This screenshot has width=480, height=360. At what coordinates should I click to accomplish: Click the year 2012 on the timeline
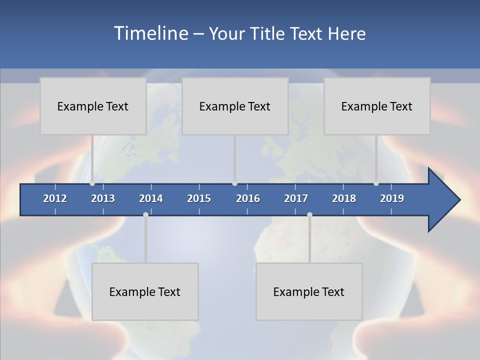(55, 198)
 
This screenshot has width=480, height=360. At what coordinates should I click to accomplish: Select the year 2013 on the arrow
(103, 198)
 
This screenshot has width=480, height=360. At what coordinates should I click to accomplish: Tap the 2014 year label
(151, 198)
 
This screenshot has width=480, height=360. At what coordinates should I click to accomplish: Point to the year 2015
(199, 198)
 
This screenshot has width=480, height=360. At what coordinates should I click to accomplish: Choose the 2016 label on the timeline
(248, 198)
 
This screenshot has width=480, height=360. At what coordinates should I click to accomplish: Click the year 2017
(296, 198)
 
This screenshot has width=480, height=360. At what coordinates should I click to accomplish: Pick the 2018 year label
(344, 198)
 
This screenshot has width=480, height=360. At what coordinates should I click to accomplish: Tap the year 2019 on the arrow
(392, 198)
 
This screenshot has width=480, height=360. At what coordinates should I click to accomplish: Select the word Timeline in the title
(150, 33)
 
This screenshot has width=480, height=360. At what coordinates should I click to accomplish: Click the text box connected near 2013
(93, 106)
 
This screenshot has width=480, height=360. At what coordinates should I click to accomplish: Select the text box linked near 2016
(235, 106)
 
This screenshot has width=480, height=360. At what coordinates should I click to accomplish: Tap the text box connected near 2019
(377, 106)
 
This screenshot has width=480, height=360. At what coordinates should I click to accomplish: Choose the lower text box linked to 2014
(145, 291)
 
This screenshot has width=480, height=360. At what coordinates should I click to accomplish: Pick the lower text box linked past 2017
(309, 291)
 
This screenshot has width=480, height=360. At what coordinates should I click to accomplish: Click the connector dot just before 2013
(92, 183)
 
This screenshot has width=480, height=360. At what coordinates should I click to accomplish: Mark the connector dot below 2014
(145, 214)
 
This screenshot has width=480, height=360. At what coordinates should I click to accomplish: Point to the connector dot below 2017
(309, 214)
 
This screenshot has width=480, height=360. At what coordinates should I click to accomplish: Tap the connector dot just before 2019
(376, 183)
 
